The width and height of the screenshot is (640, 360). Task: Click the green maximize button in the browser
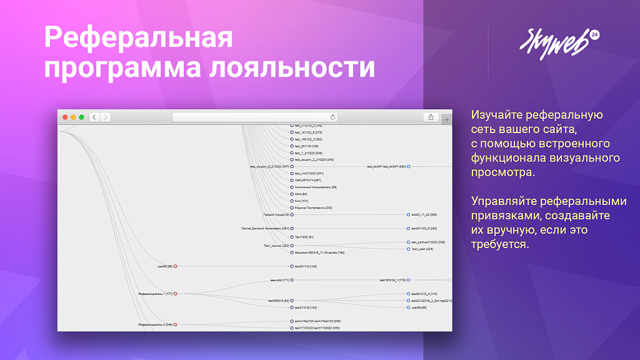tap(81, 117)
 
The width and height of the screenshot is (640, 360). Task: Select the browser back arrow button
tap(94, 117)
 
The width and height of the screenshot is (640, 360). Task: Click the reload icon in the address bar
tap(332, 117)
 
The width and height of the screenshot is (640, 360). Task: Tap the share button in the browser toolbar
tap(431, 117)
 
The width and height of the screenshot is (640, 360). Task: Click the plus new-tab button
tap(446, 119)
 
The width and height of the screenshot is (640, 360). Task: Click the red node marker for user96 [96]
tap(176, 266)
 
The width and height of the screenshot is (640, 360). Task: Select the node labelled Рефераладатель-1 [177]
tap(176, 294)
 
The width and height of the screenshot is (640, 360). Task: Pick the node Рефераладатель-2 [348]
tap(176, 324)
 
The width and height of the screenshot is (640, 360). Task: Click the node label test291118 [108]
tap(306, 266)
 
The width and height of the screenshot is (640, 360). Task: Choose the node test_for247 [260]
tap(387, 167)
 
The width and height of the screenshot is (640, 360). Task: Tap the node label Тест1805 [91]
tap(304, 237)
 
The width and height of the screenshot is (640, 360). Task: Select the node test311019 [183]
tap(306, 307)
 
